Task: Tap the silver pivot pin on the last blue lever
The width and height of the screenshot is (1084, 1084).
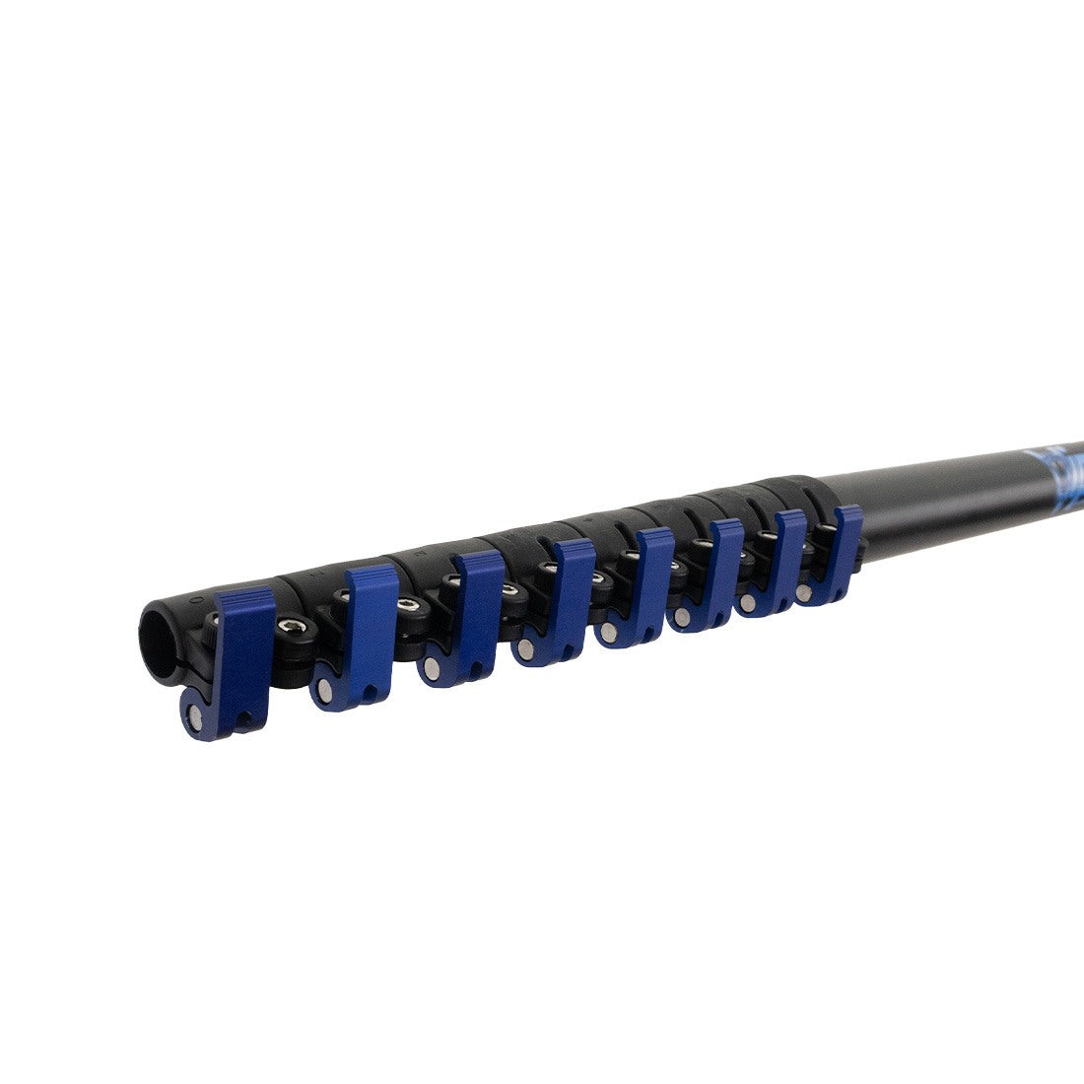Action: (x=807, y=593)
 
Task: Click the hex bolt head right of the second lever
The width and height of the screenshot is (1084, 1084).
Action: (x=405, y=603)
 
